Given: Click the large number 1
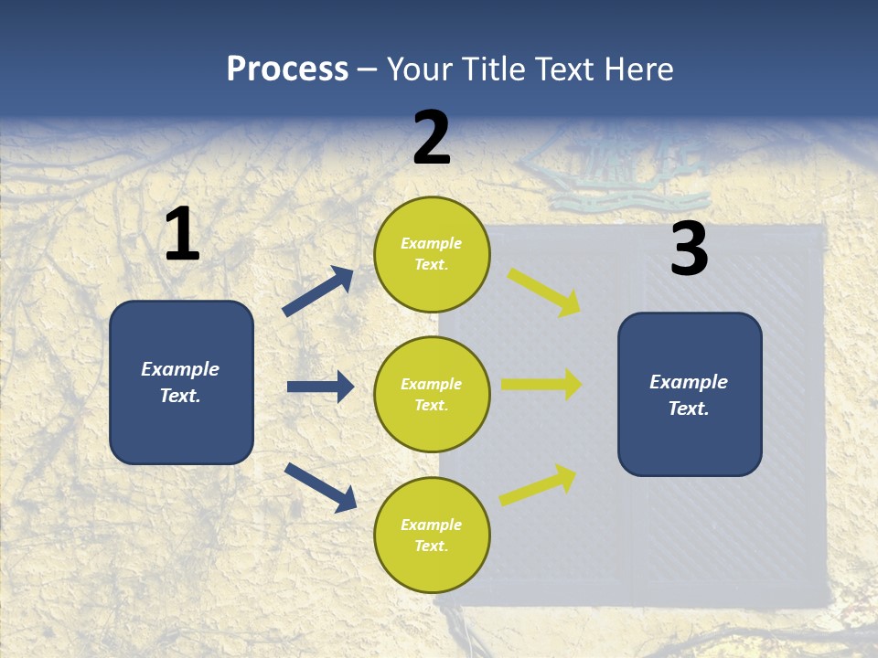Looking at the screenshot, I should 182,234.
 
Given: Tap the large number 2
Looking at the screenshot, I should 432,138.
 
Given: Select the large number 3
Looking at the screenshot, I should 689,249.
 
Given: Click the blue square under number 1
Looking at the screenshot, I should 181,382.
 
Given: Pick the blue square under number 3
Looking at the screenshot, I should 690,394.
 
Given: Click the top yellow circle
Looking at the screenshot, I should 432,254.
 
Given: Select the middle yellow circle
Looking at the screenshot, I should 432,394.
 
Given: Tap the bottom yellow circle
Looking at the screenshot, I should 432,535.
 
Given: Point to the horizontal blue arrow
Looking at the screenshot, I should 320,387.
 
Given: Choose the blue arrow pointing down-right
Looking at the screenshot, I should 320,487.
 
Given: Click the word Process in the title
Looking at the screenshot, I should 287,69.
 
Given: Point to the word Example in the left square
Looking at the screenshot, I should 180,369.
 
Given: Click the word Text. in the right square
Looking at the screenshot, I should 689,409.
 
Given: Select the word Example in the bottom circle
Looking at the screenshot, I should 432,525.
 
